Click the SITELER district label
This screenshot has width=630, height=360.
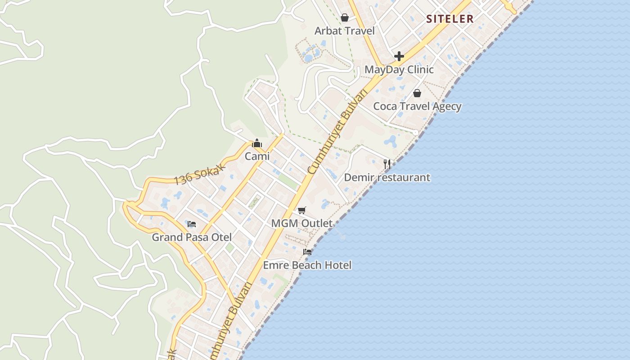450,19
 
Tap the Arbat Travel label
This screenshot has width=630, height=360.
344,31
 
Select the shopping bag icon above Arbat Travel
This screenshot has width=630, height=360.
345,18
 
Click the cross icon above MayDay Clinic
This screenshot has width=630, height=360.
399,56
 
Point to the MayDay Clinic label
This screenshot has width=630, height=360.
399,70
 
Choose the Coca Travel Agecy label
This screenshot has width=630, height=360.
417,107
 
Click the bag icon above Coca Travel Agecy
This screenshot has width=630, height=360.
417,93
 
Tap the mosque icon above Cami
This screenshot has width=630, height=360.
257,143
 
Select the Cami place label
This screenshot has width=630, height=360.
257,156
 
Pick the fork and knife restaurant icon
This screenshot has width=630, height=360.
387,164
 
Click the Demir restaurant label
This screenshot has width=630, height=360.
387,177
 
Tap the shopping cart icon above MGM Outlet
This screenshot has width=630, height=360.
301,210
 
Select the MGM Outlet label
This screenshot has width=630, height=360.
301,223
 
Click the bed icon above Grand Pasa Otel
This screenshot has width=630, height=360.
192,224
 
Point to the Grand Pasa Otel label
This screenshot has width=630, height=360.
192,237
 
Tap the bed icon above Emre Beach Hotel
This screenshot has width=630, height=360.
307,252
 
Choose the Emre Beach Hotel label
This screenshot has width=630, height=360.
307,265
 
